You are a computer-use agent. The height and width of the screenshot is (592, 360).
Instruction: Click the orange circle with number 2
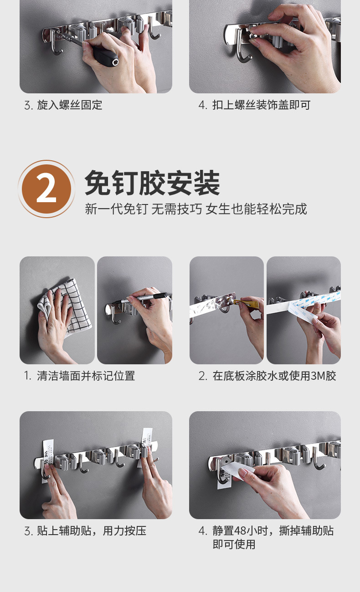46,189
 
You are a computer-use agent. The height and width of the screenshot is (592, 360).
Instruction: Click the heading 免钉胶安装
152,183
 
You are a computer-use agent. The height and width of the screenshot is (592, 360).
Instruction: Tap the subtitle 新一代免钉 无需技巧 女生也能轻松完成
196,209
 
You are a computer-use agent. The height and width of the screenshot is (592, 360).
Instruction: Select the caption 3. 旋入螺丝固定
63,105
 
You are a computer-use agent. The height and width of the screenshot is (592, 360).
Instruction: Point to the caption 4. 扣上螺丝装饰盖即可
254,105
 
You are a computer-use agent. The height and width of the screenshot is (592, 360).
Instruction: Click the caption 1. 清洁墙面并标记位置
79,376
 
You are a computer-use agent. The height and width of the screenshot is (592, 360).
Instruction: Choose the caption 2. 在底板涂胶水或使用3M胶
267,376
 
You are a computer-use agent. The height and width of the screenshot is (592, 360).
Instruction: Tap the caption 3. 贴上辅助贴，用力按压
85,531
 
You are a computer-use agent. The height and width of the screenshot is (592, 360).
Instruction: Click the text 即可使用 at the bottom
234,544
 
